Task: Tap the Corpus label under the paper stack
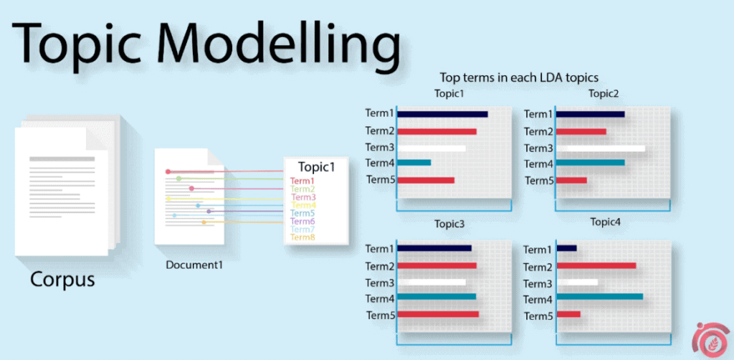click(x=63, y=280)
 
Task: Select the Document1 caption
click(x=194, y=265)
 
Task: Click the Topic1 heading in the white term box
click(x=317, y=167)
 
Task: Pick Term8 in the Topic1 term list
click(x=303, y=237)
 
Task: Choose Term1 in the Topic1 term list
click(x=302, y=181)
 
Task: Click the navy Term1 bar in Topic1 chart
click(x=442, y=114)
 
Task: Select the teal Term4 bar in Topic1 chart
click(x=414, y=163)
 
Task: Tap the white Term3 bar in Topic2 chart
click(x=601, y=148)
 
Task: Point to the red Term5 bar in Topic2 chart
click(x=571, y=180)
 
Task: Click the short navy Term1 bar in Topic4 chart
click(x=566, y=248)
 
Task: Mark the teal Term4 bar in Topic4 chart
click(x=600, y=296)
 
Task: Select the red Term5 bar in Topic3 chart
click(x=438, y=314)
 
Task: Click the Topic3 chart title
click(x=449, y=224)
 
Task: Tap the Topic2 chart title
click(x=604, y=94)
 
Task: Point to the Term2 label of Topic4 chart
click(x=538, y=267)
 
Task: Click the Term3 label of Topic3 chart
click(x=380, y=283)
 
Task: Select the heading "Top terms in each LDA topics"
click(x=519, y=77)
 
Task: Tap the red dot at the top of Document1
click(x=168, y=172)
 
